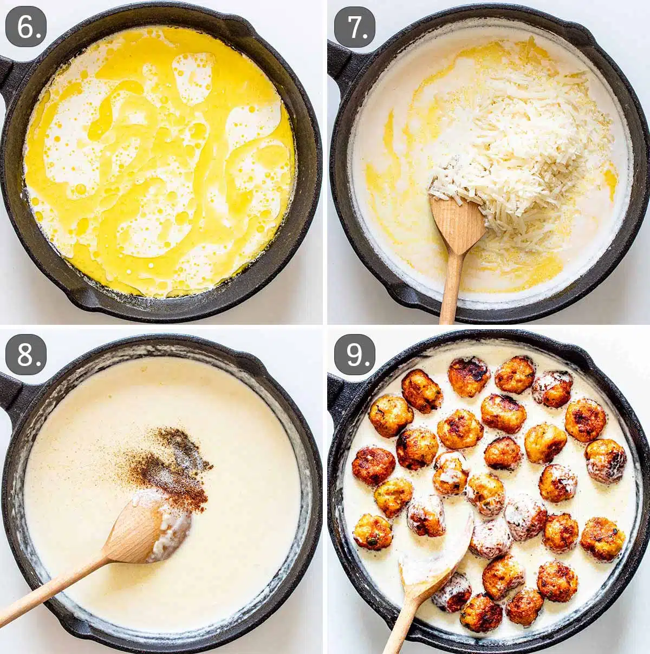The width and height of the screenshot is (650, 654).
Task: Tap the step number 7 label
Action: tap(355, 27)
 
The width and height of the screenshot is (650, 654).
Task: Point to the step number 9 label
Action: tap(355, 354)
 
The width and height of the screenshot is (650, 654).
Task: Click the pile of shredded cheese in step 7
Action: tap(520, 141)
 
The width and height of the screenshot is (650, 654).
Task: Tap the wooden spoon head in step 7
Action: tap(458, 222)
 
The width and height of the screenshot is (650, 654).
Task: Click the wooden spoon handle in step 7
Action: tap(450, 292)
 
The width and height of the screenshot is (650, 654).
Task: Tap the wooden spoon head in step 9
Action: tap(433, 558)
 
